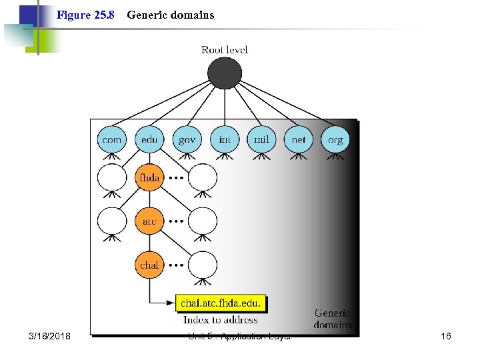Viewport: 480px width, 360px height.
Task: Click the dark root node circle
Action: tap(225, 73)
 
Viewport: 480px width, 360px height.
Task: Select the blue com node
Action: tap(112, 140)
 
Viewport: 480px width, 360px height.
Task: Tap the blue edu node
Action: tap(149, 140)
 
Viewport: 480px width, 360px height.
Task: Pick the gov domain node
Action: tap(187, 140)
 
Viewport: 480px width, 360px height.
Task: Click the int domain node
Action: tap(225, 140)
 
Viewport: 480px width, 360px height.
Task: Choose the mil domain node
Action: tap(262, 140)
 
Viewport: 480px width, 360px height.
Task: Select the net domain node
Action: tap(299, 140)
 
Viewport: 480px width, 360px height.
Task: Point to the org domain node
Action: tap(335, 140)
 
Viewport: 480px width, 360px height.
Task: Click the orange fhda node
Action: tap(149, 178)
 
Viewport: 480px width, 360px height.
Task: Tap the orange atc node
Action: tap(149, 221)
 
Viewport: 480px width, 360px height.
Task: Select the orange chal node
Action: tap(149, 265)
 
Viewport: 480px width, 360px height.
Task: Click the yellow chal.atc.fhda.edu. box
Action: tap(221, 304)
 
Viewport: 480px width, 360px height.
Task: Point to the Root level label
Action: tap(225, 50)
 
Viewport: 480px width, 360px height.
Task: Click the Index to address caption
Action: tap(221, 320)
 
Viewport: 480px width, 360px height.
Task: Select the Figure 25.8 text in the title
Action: tap(86, 15)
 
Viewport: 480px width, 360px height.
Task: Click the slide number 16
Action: tap(446, 336)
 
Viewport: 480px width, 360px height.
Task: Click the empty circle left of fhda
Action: tap(112, 178)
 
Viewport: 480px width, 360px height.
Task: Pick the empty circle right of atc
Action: tap(202, 221)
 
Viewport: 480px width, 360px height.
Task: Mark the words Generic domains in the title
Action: tap(171, 15)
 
